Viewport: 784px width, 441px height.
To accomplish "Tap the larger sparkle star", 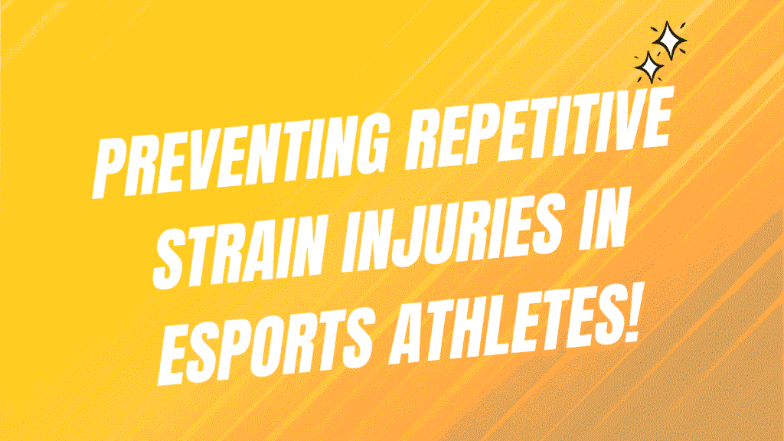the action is [669, 40].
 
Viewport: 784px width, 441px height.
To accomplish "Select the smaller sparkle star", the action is [650, 67].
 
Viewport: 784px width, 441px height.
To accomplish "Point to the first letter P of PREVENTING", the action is [111, 168].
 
